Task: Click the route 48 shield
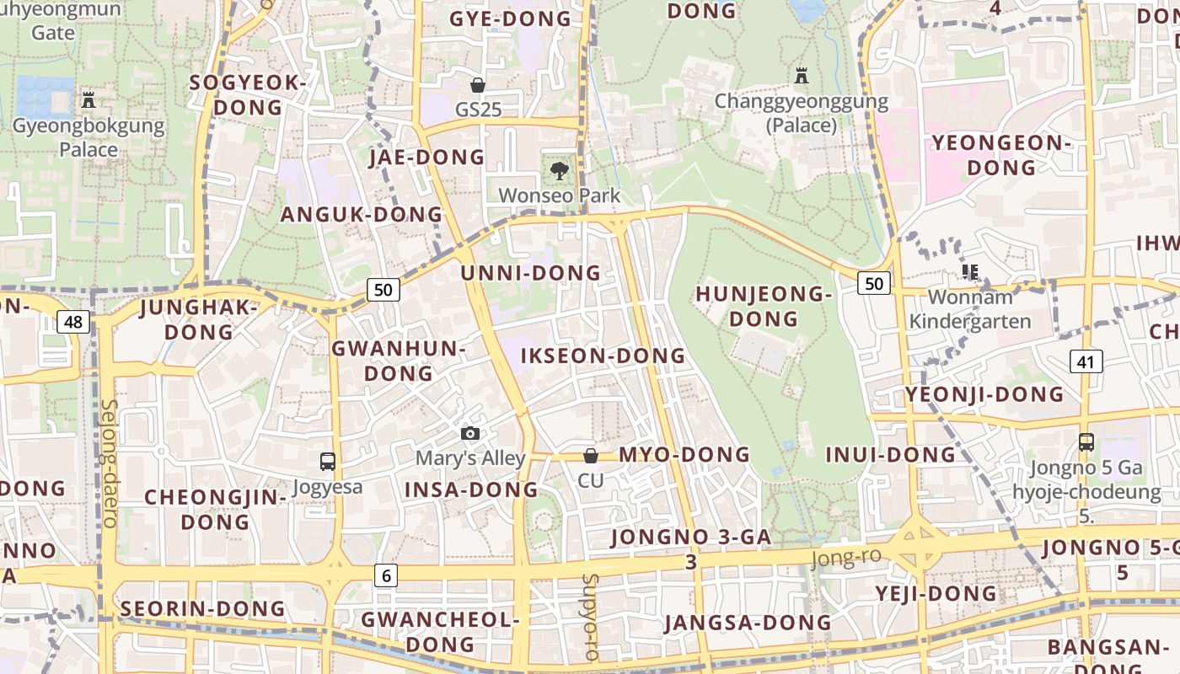click(74, 321)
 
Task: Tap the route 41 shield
click(1086, 361)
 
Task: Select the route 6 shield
click(386, 575)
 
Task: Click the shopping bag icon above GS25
click(478, 85)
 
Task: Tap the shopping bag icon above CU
click(591, 456)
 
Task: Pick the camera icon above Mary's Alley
click(470, 434)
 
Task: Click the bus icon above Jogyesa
click(328, 462)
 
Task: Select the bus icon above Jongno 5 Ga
click(1086, 441)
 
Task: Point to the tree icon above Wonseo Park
click(559, 171)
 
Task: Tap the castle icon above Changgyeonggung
click(802, 77)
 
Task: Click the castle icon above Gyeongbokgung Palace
click(88, 100)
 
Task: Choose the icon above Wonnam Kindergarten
click(970, 272)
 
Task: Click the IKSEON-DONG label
click(603, 356)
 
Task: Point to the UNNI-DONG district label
click(530, 273)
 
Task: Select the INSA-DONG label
click(471, 489)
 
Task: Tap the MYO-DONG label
click(684, 455)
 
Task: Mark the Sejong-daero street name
click(110, 463)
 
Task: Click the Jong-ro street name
click(845, 557)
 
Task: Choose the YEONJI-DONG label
click(984, 394)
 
